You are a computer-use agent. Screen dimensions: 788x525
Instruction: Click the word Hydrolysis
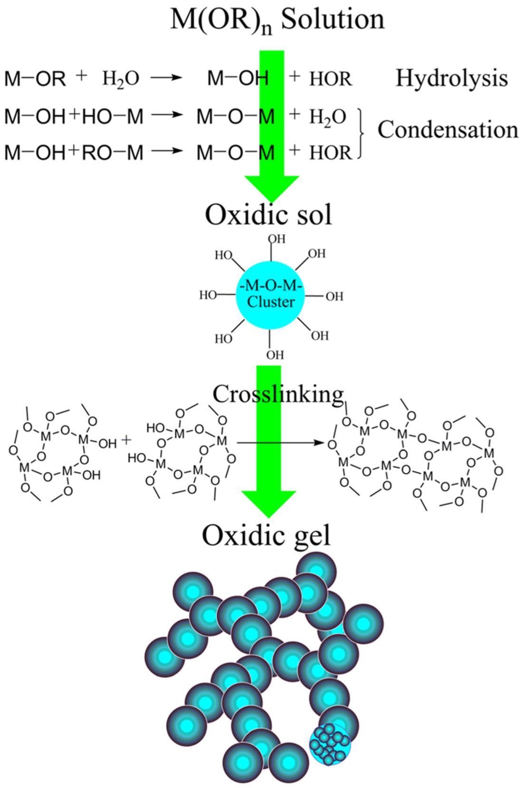tap(451, 78)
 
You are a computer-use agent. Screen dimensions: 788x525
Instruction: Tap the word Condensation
tap(448, 129)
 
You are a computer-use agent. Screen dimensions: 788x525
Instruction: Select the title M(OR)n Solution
tap(277, 20)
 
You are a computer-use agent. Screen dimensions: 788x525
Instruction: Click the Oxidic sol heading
tap(268, 214)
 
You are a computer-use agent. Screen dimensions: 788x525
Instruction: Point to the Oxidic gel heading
tap(266, 535)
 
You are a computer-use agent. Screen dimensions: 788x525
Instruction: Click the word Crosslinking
tap(278, 394)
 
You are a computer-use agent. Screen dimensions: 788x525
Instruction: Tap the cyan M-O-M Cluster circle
tap(270, 295)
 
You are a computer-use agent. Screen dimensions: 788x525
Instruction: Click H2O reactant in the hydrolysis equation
tap(121, 78)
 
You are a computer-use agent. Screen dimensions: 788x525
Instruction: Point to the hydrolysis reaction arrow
tap(167, 78)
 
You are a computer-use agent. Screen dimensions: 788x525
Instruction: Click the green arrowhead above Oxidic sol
tap(271, 188)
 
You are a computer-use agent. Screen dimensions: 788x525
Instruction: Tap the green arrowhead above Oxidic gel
tap(269, 503)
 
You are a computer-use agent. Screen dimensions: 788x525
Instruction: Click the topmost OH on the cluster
tap(277, 239)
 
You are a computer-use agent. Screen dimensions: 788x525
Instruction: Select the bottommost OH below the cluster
tap(275, 355)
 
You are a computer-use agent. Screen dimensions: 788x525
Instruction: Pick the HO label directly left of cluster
tap(208, 295)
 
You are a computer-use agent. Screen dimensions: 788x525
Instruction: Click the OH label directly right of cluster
tap(334, 296)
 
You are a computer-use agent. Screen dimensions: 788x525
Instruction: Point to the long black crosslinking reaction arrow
tap(280, 443)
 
